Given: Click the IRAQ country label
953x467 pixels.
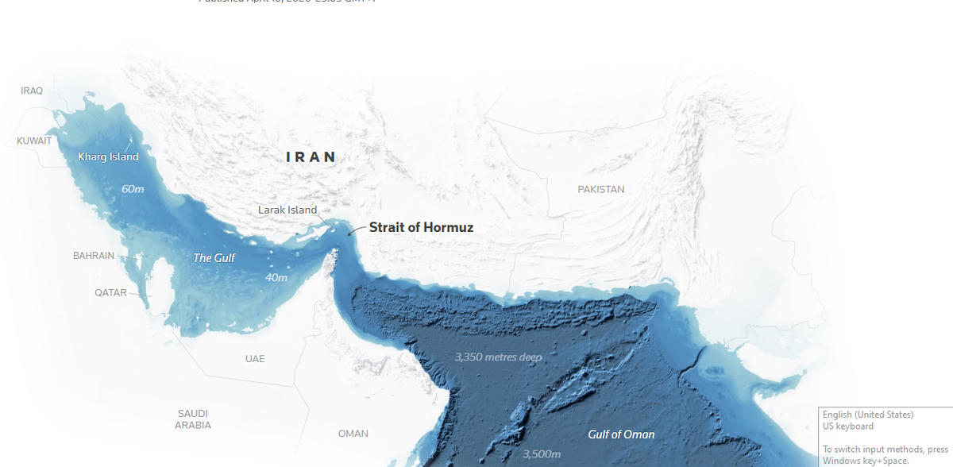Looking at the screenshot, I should [32, 91].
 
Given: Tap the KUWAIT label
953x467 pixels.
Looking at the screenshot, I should [34, 141].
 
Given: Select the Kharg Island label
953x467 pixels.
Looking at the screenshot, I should [108, 156].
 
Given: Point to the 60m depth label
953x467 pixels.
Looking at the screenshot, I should [133, 189].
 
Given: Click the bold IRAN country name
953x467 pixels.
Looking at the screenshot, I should [311, 157].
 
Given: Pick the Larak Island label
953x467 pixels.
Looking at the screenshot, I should [287, 210].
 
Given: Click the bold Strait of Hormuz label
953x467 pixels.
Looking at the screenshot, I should [421, 228].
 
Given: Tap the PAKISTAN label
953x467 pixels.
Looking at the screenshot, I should [601, 189].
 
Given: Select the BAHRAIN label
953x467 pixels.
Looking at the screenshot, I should [94, 256].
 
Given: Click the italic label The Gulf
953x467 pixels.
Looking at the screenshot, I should [214, 258].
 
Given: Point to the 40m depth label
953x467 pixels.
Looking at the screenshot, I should [276, 278].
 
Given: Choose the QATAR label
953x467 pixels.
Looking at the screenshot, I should [110, 292].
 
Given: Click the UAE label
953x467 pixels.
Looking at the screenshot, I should [255, 359].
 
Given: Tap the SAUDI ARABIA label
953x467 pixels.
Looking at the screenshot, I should [193, 419].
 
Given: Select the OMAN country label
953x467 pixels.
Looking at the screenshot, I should [353, 434].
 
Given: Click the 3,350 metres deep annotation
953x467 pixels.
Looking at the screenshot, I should [498, 357].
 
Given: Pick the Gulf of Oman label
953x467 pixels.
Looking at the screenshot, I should [621, 434].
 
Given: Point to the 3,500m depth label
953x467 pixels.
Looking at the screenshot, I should [542, 454].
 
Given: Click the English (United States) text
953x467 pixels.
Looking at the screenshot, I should [868, 415].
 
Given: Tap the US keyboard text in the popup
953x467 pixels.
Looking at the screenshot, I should [847, 426].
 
